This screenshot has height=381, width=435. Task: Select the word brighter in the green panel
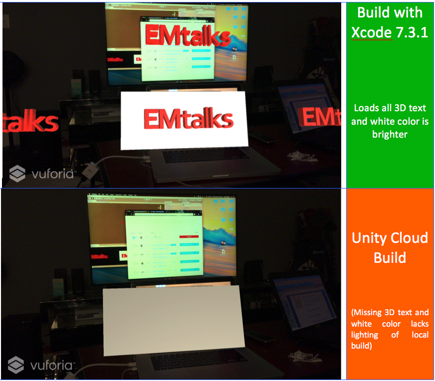pyautogui.click(x=390, y=134)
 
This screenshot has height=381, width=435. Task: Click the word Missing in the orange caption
pyautogui.click(x=368, y=313)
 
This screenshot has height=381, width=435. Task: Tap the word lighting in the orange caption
pyautogui.click(x=364, y=335)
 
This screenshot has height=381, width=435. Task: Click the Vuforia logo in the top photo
pyautogui.click(x=42, y=174)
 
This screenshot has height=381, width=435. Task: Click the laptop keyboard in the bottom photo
pyautogui.click(x=200, y=359)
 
